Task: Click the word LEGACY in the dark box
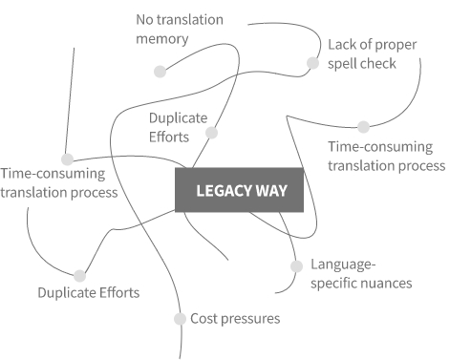224,191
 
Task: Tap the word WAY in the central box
271,191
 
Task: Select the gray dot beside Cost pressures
180,319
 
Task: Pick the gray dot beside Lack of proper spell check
313,63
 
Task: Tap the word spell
344,64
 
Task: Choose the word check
379,64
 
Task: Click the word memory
162,39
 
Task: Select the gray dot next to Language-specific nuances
296,266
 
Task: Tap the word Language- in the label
343,265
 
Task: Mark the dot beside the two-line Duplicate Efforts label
211,133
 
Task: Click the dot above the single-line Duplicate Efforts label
79,276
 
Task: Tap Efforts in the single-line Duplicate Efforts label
119,293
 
